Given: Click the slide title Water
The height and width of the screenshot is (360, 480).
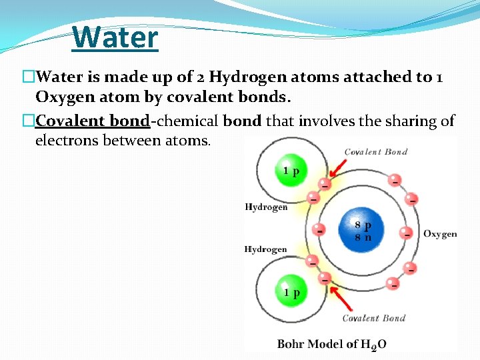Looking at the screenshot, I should [x=116, y=37].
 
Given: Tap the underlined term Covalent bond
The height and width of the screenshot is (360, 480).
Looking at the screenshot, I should [x=92, y=121].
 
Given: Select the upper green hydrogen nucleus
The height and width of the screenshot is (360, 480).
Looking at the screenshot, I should [x=291, y=171].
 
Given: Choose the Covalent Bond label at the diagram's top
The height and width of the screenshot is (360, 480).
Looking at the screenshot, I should [x=375, y=152].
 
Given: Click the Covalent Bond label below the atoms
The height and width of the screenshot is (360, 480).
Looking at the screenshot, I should [x=373, y=318].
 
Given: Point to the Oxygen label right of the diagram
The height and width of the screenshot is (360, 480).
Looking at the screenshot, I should [x=440, y=234].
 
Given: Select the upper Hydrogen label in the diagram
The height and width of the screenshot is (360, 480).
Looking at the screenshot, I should [x=266, y=207].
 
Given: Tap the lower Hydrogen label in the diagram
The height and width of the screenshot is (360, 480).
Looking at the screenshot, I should [x=265, y=249].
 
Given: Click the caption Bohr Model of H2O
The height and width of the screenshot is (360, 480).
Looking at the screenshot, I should [x=331, y=344].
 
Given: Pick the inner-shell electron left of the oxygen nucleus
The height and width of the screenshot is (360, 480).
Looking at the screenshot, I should [x=320, y=231].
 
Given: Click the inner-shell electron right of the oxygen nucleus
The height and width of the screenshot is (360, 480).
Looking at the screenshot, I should [x=406, y=233].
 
